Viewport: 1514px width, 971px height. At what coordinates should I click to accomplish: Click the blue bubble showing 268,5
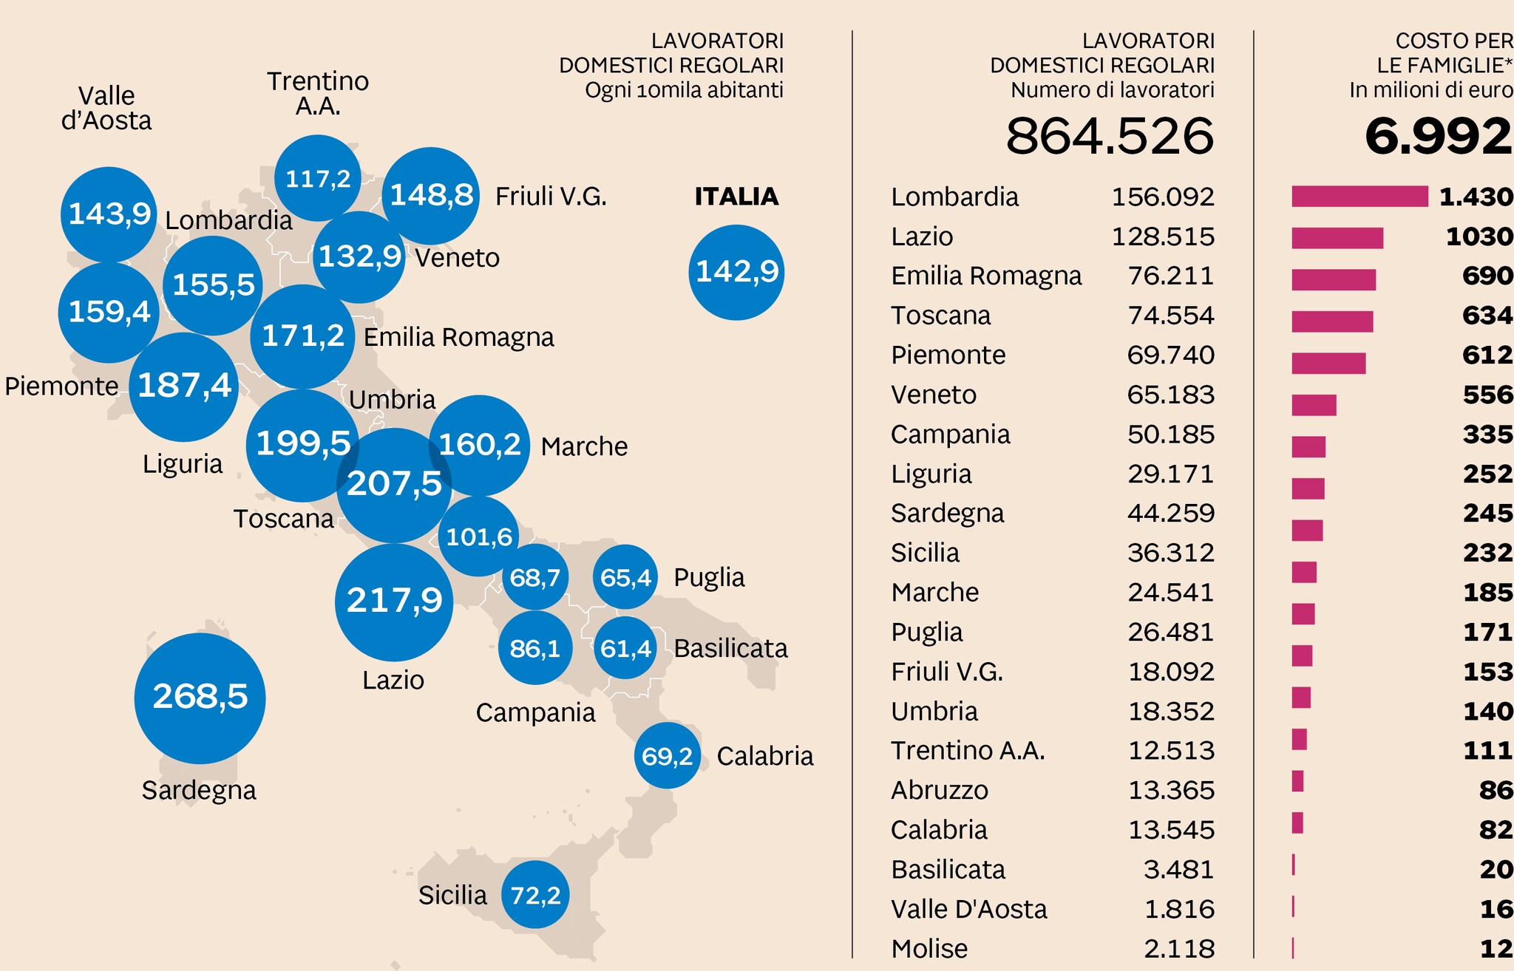(200, 698)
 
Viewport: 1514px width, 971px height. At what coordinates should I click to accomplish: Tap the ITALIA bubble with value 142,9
(736, 272)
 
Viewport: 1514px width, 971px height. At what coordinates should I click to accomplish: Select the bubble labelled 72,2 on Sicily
(535, 895)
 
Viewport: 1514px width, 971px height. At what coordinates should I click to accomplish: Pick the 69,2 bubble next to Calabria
(667, 756)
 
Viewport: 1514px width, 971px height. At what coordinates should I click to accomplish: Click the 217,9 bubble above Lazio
(394, 602)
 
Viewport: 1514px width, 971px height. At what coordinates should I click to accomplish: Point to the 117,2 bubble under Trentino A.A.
(318, 178)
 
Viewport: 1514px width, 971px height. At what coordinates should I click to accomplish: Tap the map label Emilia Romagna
(458, 338)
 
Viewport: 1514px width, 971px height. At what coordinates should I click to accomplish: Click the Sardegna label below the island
(199, 791)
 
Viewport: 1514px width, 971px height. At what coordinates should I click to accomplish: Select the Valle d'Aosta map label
(106, 108)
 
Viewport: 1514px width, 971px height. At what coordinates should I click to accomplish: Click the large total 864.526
(1109, 137)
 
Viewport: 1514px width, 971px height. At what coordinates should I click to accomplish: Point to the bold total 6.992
(1438, 137)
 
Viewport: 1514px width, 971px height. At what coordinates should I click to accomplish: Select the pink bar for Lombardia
(1359, 197)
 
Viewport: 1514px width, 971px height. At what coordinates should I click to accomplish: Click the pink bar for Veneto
(1314, 405)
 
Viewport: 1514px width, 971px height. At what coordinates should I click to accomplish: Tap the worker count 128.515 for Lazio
(1163, 236)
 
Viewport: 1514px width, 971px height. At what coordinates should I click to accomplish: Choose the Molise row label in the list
(929, 949)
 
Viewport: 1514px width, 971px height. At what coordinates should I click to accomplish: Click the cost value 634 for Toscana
(1487, 316)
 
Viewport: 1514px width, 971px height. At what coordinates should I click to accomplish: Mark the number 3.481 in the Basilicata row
(1178, 870)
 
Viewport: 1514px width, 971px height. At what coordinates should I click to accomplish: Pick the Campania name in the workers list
(950, 435)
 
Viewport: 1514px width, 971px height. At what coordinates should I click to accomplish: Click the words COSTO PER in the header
(1453, 41)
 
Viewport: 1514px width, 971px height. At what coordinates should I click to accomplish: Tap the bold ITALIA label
(736, 197)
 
